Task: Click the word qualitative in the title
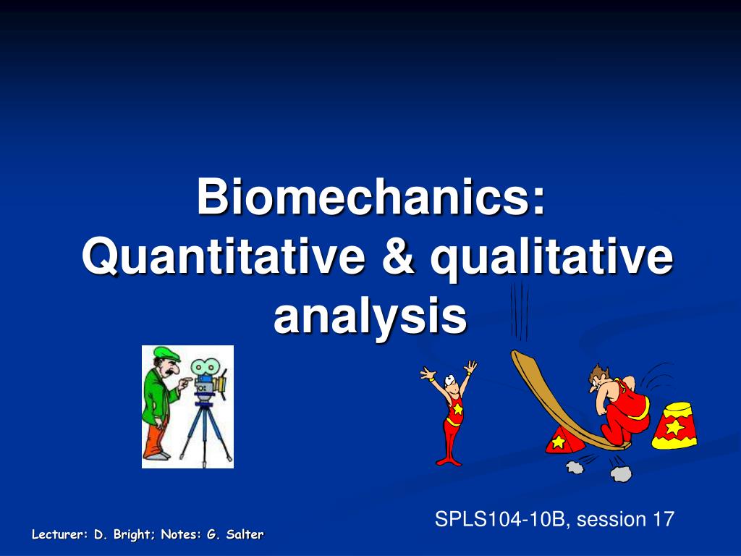(x=551, y=259)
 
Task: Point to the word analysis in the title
(x=370, y=316)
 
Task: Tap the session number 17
(x=664, y=518)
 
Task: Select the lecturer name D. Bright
(x=122, y=535)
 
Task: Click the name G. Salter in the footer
(x=235, y=534)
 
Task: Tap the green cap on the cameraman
(x=166, y=353)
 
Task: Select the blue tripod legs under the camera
(x=205, y=433)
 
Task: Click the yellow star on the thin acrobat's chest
(x=457, y=408)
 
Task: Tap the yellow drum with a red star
(x=674, y=426)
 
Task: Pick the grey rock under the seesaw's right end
(x=620, y=473)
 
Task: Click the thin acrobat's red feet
(x=449, y=460)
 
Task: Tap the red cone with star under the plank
(x=564, y=439)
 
